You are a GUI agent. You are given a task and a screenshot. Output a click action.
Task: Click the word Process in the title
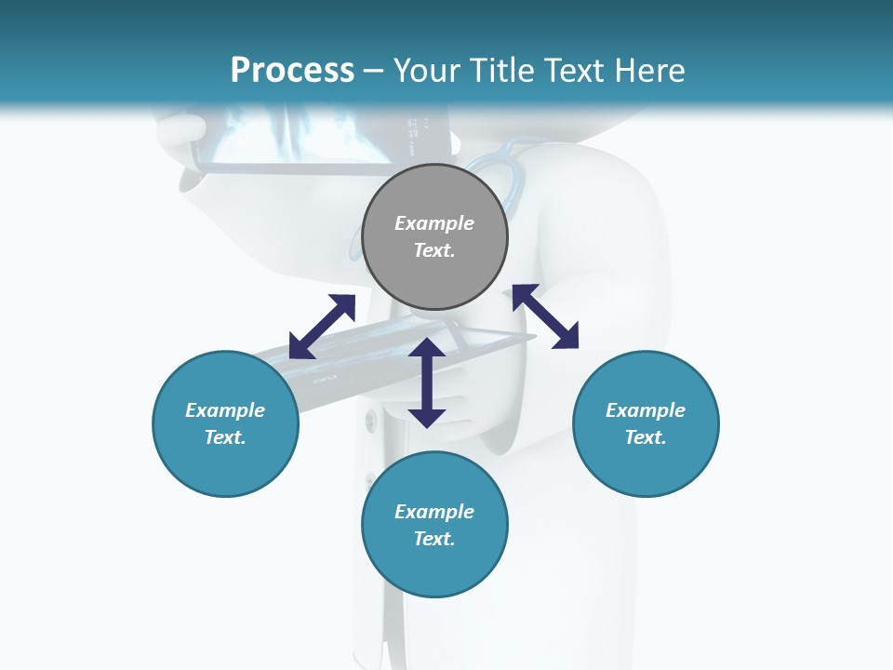click(292, 71)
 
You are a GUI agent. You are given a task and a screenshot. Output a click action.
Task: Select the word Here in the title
click(647, 71)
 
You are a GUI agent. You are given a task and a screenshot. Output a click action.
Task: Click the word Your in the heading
click(427, 71)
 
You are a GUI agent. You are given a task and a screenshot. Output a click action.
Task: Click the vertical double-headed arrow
click(427, 382)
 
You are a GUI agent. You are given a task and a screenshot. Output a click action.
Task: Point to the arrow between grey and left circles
click(322, 327)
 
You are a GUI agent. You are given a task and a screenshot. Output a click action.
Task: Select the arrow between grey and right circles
click(545, 316)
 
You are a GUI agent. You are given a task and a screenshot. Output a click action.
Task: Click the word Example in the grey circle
click(434, 223)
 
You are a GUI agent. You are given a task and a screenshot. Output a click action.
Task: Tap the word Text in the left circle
click(224, 437)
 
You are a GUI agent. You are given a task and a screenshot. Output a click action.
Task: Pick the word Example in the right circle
click(646, 410)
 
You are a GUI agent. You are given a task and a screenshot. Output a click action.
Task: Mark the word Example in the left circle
click(225, 410)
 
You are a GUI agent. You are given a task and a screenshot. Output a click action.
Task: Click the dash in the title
click(374, 71)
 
